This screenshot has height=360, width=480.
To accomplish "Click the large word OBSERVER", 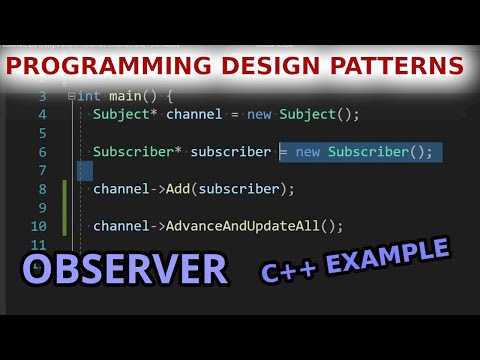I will tap(125, 269).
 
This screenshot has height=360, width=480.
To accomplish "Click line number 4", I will tap(42, 114).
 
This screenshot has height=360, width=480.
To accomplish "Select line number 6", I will tap(42, 152).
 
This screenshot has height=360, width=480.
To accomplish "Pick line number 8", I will tap(42, 189).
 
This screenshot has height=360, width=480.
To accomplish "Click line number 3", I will tap(42, 96).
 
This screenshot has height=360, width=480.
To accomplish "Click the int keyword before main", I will tap(89, 96).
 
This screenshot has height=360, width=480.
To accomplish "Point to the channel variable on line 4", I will tap(194, 114).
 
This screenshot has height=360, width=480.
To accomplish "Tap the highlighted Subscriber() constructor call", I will tap(381, 152).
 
